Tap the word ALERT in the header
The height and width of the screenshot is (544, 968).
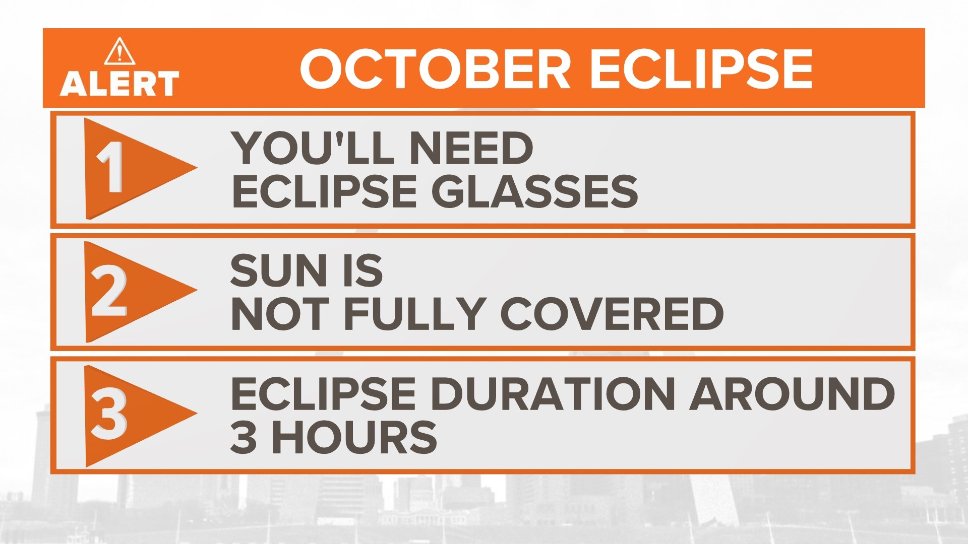click(x=119, y=84)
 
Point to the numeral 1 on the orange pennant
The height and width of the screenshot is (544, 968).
click(x=110, y=167)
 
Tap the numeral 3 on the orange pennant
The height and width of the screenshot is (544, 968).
click(x=108, y=415)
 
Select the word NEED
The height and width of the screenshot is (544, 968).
click(x=471, y=148)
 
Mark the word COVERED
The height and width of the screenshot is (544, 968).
click(x=612, y=314)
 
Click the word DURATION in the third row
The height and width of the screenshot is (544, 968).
click(x=554, y=394)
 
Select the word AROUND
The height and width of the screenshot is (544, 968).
click(x=792, y=394)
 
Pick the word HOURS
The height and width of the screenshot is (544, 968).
click(x=354, y=437)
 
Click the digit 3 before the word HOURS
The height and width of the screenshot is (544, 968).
click(x=243, y=437)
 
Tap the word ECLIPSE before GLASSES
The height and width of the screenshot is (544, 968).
click(x=324, y=192)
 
